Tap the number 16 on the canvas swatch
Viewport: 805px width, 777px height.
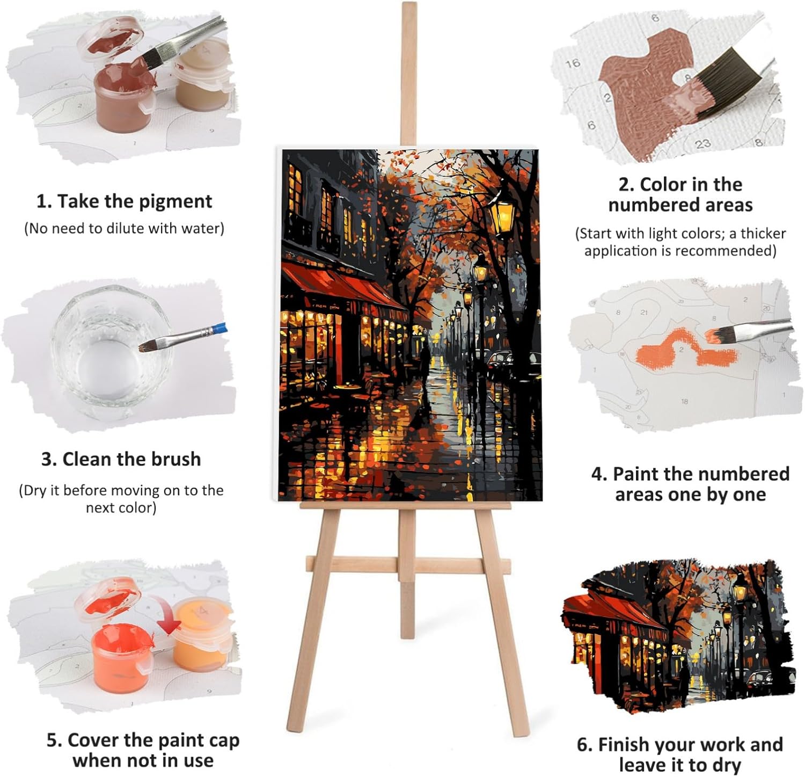click(573, 63)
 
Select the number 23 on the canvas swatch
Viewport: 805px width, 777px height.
click(702, 143)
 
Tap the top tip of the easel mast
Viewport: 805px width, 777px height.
click(409, 4)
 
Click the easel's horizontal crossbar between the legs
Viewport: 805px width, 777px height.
click(408, 564)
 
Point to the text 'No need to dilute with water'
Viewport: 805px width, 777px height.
click(124, 229)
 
